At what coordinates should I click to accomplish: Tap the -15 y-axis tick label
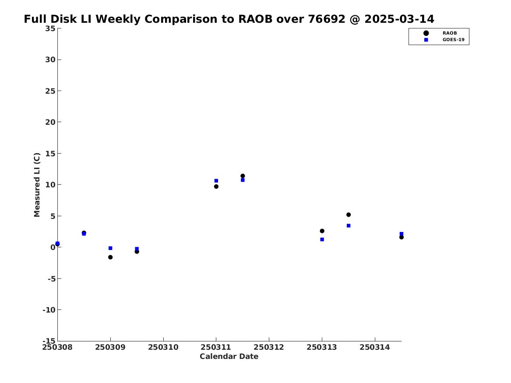pos(49,341)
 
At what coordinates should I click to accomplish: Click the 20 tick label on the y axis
pos(50,122)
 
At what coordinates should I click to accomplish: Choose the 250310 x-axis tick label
pos(163,347)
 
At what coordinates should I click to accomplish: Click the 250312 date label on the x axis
pos(269,347)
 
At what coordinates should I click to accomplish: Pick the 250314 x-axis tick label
pos(375,347)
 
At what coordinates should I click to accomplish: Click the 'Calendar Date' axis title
pos(229,356)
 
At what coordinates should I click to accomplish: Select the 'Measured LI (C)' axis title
pos(37,185)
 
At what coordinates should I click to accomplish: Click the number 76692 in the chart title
pos(327,19)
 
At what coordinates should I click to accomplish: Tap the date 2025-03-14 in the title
pos(399,19)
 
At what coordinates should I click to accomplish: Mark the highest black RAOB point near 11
pos(243,176)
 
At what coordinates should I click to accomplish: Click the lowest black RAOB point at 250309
pos(110,257)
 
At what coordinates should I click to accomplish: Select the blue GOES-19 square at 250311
pos(216,181)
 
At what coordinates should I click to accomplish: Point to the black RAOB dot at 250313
pos(322,231)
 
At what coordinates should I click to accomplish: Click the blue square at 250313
pos(322,239)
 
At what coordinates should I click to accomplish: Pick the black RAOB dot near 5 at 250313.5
pos(349,214)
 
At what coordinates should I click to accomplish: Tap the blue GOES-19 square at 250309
pos(110,248)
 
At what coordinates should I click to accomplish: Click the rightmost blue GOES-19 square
pos(401,234)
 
